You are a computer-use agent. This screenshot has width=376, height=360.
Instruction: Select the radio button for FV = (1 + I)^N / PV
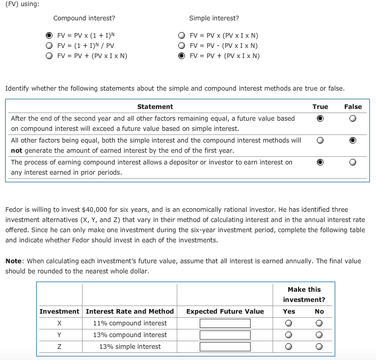(49, 45)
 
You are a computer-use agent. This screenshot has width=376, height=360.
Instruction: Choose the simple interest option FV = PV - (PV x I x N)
(181, 45)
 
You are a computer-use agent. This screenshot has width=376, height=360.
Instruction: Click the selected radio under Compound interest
(49, 36)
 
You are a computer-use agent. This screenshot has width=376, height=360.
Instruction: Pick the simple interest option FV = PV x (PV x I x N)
(181, 36)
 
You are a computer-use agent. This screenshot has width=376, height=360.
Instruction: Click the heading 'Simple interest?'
(213, 18)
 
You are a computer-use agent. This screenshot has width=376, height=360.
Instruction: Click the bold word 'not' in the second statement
(17, 150)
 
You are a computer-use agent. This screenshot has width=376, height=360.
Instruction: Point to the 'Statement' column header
(155, 107)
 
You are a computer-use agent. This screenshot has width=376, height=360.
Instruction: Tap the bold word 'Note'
(14, 261)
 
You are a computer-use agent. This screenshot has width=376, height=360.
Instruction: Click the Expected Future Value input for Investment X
(225, 323)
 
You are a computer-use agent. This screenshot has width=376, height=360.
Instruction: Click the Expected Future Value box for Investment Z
(225, 347)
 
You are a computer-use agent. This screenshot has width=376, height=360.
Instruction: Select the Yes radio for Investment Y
(289, 335)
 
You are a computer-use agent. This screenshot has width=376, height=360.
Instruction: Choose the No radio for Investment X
(319, 323)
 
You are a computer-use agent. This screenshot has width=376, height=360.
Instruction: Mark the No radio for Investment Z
(319, 347)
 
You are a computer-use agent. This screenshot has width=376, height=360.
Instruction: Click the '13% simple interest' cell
(130, 347)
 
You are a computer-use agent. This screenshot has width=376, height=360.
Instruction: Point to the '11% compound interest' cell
(130, 323)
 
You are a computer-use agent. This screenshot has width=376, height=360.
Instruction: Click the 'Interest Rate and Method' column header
(130, 311)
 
